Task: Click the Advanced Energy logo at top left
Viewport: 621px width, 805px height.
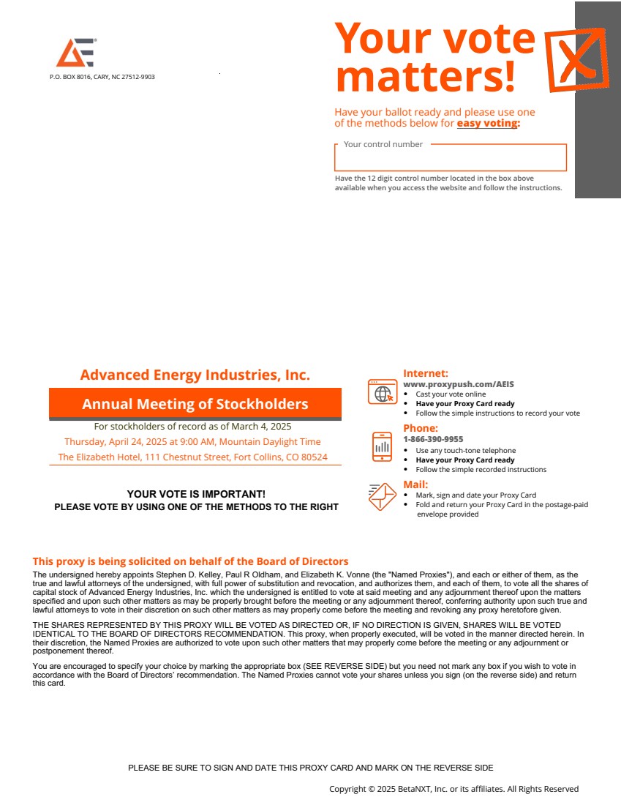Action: pos(76,53)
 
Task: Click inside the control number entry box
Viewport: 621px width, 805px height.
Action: pos(450,159)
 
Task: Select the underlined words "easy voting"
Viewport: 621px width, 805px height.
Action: pos(488,124)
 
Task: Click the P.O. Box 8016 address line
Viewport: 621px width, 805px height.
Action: pos(102,77)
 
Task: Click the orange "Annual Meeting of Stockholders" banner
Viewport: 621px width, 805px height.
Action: pos(195,404)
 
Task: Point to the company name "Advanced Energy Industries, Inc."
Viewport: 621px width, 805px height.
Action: pos(195,375)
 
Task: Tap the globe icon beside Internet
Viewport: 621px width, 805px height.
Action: pos(382,393)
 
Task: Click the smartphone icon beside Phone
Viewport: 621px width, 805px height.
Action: pos(382,446)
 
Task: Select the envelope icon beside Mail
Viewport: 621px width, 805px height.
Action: pos(382,498)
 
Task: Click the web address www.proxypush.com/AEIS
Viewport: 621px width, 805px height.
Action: pos(459,384)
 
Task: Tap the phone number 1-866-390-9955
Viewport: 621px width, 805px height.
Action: pos(433,439)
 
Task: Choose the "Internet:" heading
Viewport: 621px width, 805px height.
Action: pos(426,373)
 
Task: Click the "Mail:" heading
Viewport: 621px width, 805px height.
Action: pos(415,484)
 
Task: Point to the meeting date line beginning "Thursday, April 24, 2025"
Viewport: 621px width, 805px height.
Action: pos(192,442)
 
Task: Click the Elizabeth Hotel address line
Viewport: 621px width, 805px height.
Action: pos(192,457)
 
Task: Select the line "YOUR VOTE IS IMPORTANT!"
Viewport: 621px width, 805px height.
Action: pos(196,495)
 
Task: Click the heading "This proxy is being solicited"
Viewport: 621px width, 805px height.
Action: pos(190,561)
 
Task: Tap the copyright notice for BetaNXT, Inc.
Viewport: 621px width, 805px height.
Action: pos(453,789)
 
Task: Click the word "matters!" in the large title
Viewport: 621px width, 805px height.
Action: pos(425,76)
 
